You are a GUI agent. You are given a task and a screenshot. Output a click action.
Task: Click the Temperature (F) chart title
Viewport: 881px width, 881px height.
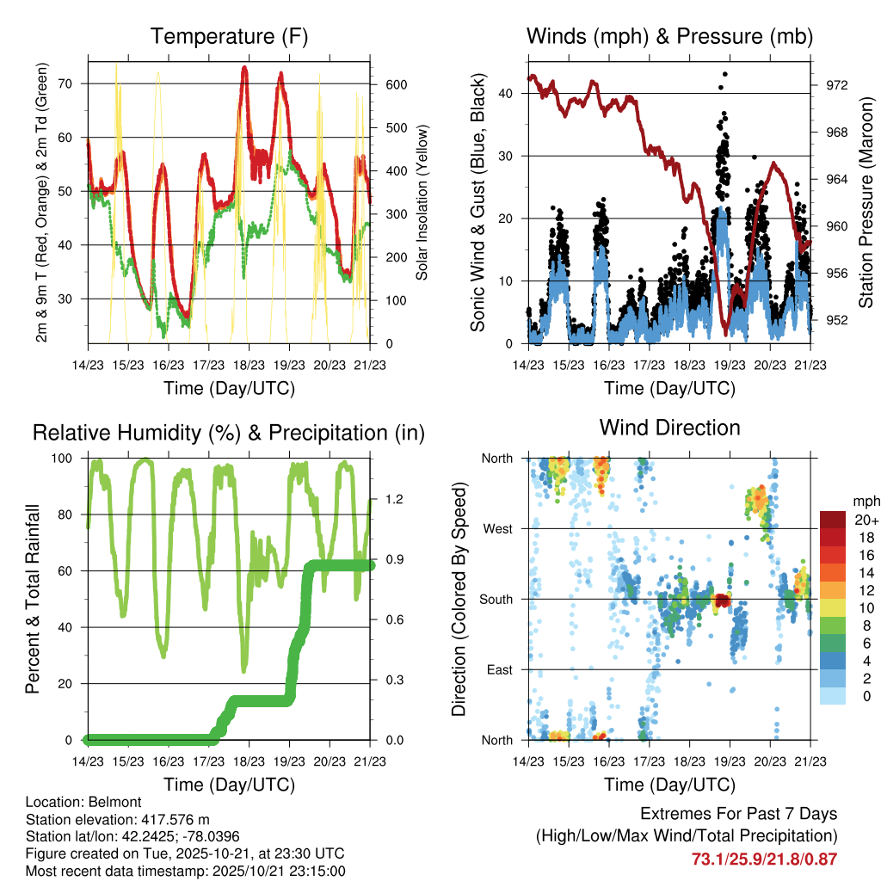pos(228,37)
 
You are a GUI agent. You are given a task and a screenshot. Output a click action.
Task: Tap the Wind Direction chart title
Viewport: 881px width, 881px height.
pos(669,428)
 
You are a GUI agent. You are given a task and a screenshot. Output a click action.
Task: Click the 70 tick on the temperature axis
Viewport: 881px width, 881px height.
pos(75,83)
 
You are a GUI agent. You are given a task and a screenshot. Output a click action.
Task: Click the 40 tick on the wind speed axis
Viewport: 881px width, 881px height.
pos(512,93)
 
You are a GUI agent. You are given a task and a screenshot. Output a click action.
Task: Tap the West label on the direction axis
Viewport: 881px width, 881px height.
pos(497,528)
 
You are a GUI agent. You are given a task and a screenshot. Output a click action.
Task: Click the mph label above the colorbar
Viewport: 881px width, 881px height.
pos(863,500)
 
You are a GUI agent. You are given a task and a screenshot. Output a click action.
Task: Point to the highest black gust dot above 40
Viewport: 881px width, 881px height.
pos(725,75)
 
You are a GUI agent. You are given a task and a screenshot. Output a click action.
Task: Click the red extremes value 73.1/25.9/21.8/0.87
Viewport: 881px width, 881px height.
pos(764,859)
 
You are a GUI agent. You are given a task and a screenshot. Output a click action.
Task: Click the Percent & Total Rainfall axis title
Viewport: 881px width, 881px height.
pos(33,599)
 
